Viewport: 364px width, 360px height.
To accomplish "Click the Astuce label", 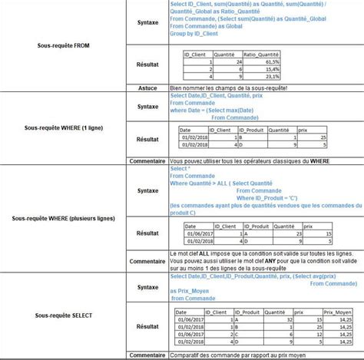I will (x=147, y=88).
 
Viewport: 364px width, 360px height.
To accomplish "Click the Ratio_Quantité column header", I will (x=259, y=54).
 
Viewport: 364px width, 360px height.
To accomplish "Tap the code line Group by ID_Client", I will (x=195, y=35).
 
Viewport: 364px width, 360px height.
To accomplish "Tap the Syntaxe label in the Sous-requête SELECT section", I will (x=147, y=287).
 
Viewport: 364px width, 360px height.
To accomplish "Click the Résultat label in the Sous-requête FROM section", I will (x=147, y=65).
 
